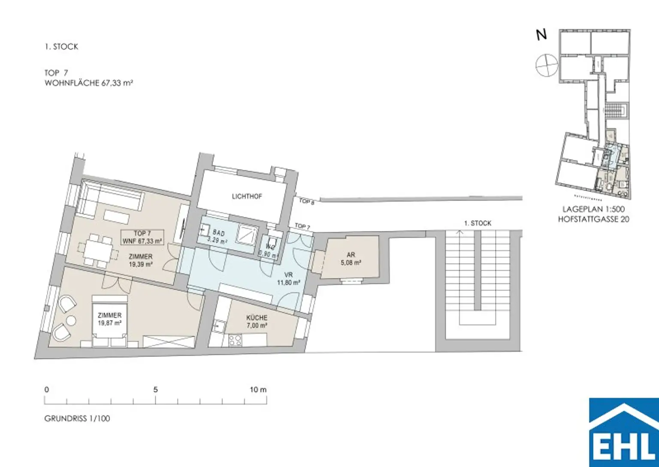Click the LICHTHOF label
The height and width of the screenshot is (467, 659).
[x=247, y=196]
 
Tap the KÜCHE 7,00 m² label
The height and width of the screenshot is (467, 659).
[x=257, y=322]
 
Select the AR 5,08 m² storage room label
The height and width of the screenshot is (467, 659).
[x=351, y=259]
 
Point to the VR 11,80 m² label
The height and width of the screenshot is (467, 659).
[x=288, y=278]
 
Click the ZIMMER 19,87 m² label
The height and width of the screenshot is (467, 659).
[x=109, y=319]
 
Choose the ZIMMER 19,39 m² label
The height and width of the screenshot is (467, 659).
[x=141, y=260]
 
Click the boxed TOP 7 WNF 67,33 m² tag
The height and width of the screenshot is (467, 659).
[x=142, y=237]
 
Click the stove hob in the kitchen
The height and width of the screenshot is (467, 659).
[x=235, y=340]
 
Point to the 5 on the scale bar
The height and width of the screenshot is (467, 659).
[x=155, y=390]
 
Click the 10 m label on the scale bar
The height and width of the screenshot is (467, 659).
[x=258, y=390]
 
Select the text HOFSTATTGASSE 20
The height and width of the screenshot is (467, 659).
[x=593, y=219]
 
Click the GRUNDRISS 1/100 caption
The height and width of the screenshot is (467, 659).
[x=77, y=418]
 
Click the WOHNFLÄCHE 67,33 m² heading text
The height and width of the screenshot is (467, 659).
[x=89, y=83]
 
